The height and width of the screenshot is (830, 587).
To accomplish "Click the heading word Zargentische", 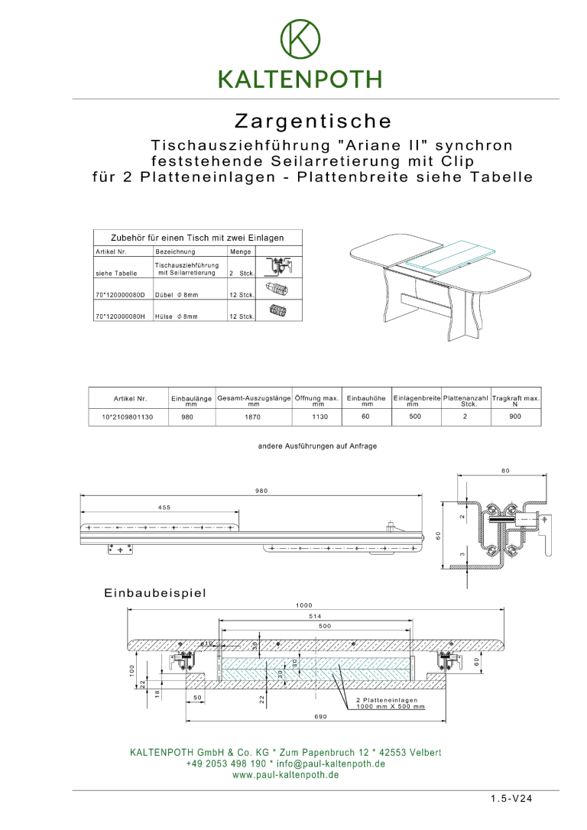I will (313, 122).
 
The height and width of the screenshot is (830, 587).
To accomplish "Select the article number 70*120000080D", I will (120, 294).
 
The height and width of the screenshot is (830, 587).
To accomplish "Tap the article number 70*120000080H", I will (120, 316).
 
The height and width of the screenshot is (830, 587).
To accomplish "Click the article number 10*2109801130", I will (127, 417).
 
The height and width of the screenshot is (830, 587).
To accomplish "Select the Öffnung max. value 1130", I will (319, 417).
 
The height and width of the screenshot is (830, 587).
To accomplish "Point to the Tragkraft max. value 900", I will (515, 417).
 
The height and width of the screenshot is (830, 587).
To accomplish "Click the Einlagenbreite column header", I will (417, 398).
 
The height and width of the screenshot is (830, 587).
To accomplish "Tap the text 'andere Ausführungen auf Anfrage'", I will (317, 446).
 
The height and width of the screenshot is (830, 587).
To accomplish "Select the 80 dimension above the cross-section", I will (505, 471).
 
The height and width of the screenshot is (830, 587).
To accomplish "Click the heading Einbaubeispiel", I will (155, 592).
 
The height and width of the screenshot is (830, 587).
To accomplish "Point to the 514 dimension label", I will (315, 615).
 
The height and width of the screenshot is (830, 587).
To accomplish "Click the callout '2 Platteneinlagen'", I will (387, 700).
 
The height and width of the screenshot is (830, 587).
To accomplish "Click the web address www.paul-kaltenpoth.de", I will (285, 774).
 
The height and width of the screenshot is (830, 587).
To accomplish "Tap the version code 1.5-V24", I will (511, 799).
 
